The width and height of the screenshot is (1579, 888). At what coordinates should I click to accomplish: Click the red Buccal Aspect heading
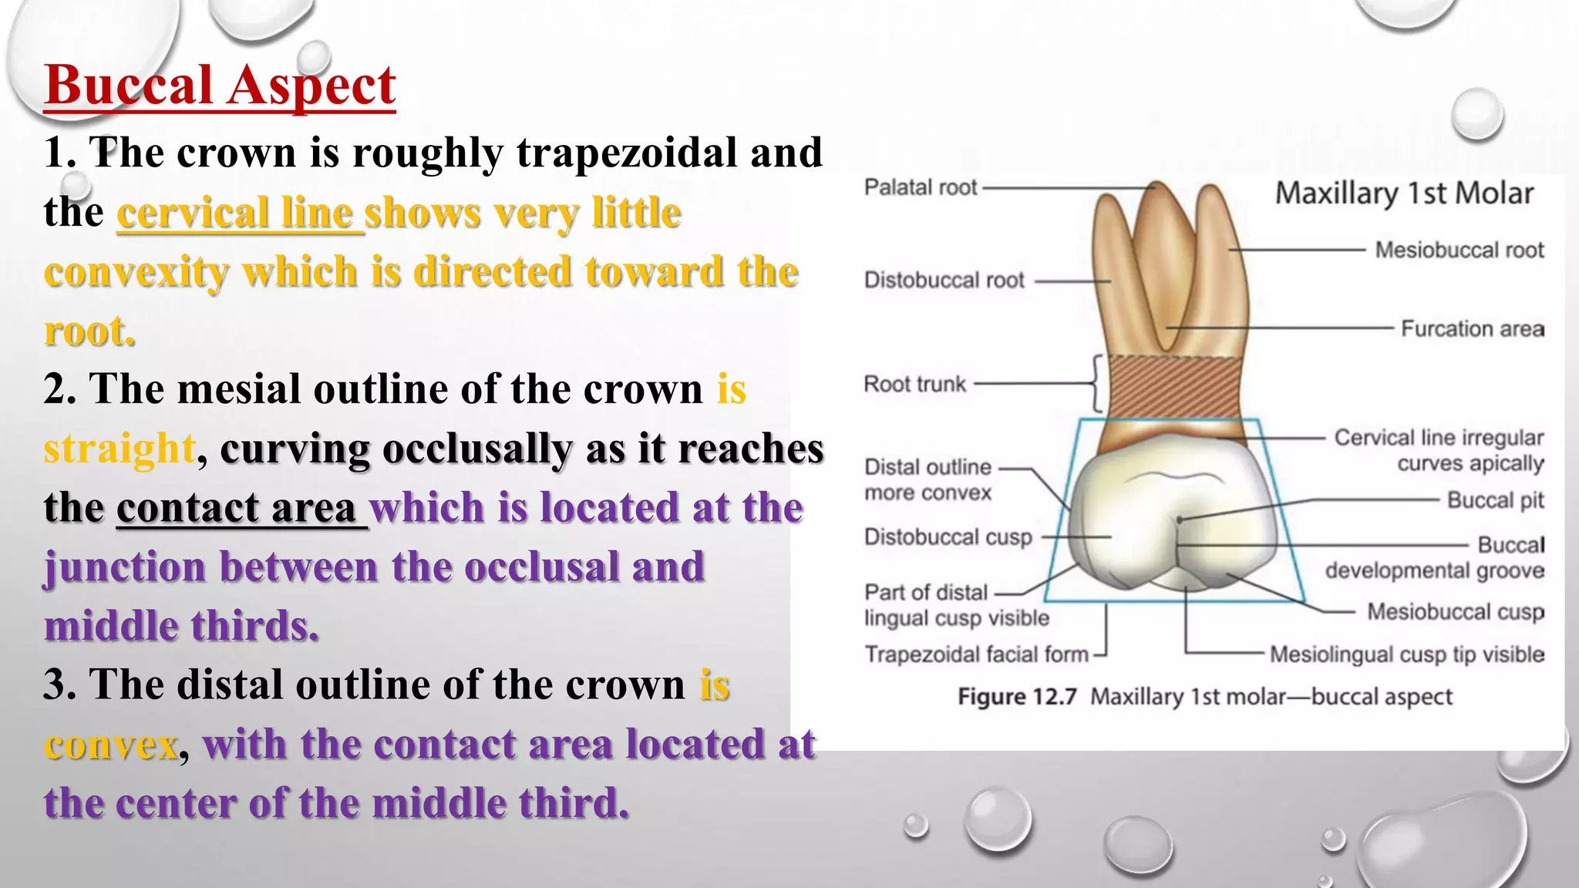[220, 85]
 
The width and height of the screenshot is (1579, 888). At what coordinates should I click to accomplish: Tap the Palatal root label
[920, 187]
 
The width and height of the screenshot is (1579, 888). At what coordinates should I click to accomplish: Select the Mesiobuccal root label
[1459, 250]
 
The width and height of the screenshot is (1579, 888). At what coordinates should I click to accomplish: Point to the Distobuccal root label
[944, 280]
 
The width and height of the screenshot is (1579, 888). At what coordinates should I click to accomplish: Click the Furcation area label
[1472, 329]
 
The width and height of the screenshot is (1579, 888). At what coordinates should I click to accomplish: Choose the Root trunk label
[914, 384]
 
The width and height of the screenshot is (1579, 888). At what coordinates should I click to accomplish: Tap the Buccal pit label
[1495, 500]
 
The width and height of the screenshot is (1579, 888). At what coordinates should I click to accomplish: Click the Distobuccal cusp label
[948, 536]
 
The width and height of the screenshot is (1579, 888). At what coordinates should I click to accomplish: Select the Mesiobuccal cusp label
[1455, 612]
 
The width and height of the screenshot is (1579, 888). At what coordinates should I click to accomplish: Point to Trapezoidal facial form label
[976, 654]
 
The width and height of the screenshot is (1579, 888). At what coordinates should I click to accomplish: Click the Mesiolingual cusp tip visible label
[1406, 654]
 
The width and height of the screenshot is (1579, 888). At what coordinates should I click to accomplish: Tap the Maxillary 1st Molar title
[1404, 193]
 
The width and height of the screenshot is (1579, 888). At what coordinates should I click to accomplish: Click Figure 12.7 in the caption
[1016, 697]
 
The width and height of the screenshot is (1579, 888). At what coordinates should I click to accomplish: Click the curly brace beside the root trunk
[1096, 384]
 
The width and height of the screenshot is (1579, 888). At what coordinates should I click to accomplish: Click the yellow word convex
[111, 745]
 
